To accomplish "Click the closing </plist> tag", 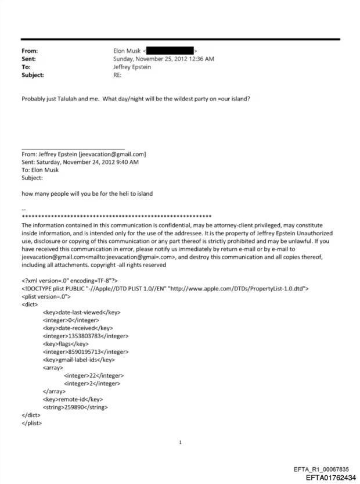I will pyautogui.click(x=32, y=424).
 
